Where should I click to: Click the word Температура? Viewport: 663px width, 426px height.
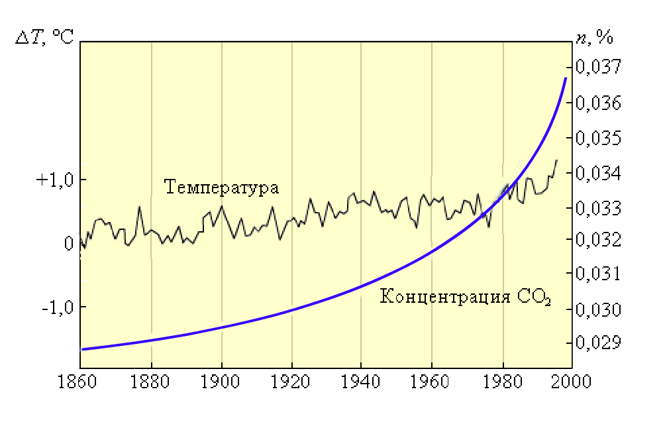221,187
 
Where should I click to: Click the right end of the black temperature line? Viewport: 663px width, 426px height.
556,160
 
